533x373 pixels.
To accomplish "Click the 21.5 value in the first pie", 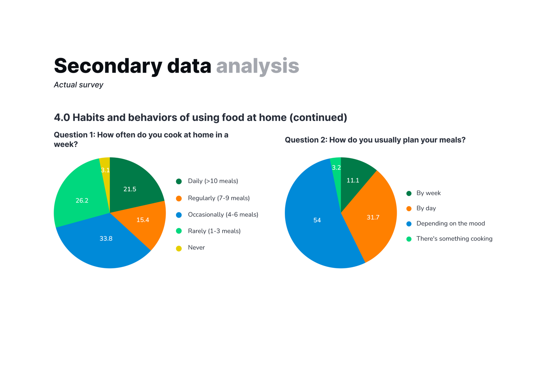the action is [x=130, y=189].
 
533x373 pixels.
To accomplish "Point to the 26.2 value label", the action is [x=82, y=201].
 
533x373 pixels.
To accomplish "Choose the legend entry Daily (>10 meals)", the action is [x=213, y=181].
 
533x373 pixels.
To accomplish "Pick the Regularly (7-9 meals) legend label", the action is [x=219, y=198].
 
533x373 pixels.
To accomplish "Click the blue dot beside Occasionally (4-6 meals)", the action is [x=179, y=215].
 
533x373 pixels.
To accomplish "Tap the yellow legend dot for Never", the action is [x=179, y=249].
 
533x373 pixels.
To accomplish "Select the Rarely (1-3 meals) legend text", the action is [x=214, y=231].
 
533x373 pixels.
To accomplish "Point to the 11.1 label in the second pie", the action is [x=353, y=180].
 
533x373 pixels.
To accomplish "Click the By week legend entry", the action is [x=428, y=193].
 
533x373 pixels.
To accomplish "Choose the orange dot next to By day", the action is [x=409, y=209].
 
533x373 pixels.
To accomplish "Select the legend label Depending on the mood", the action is [x=450, y=224].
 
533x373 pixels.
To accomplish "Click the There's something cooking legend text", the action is [x=454, y=239].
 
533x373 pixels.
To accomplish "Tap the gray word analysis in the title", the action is [x=258, y=66].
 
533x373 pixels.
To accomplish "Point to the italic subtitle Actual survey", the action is [x=79, y=85].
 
